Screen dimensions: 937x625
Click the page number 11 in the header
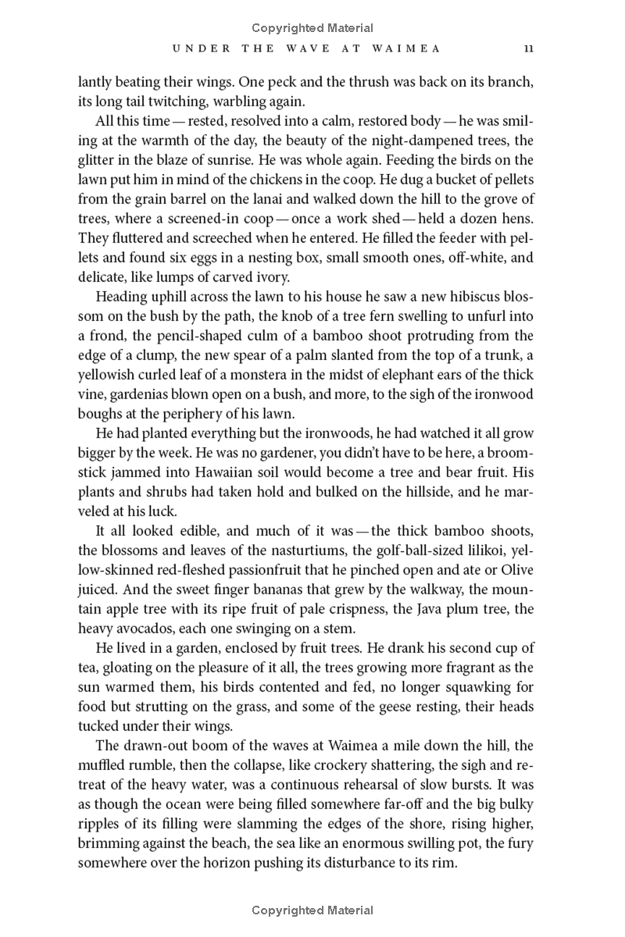pyautogui.click(x=529, y=48)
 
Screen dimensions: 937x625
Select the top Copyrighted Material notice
pyautogui.click(x=312, y=28)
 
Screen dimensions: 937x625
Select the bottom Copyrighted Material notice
pyautogui.click(x=312, y=910)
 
